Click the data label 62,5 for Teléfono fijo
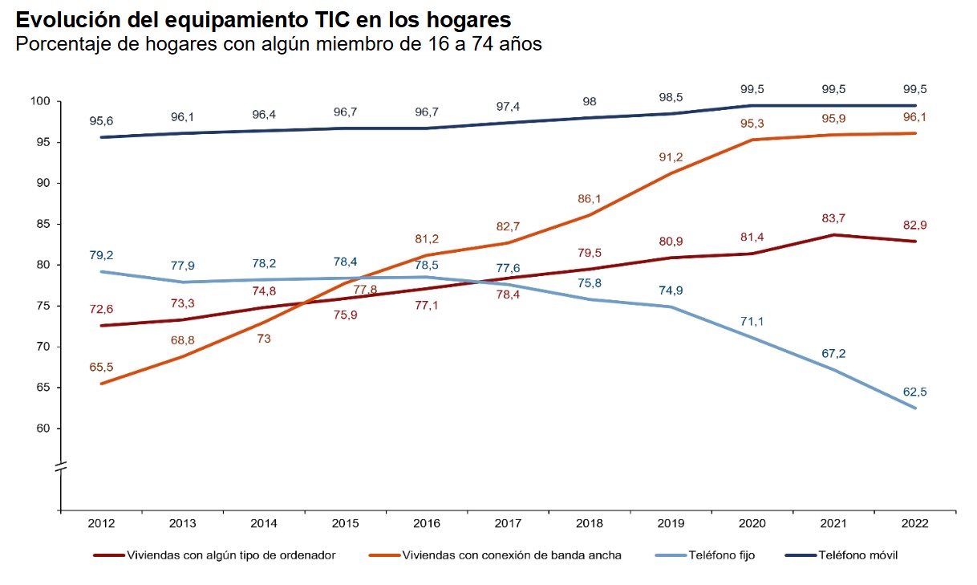pyautogui.click(x=914, y=392)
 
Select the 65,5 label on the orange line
pyautogui.click(x=101, y=367)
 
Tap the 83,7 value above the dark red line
pyautogui.click(x=833, y=220)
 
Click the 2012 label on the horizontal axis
pyautogui.click(x=101, y=524)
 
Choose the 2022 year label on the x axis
pyautogui.click(x=914, y=524)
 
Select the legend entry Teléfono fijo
pyautogui.click(x=722, y=555)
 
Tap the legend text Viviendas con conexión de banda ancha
pyautogui.click(x=512, y=555)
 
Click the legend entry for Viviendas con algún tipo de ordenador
pyautogui.click(x=232, y=555)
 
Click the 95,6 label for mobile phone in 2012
pyautogui.click(x=101, y=120)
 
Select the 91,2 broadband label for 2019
pyautogui.click(x=671, y=157)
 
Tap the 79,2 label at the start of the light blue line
pyautogui.click(x=101, y=255)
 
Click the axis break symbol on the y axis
pyautogui.click(x=60, y=466)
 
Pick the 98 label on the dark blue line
pyautogui.click(x=590, y=101)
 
